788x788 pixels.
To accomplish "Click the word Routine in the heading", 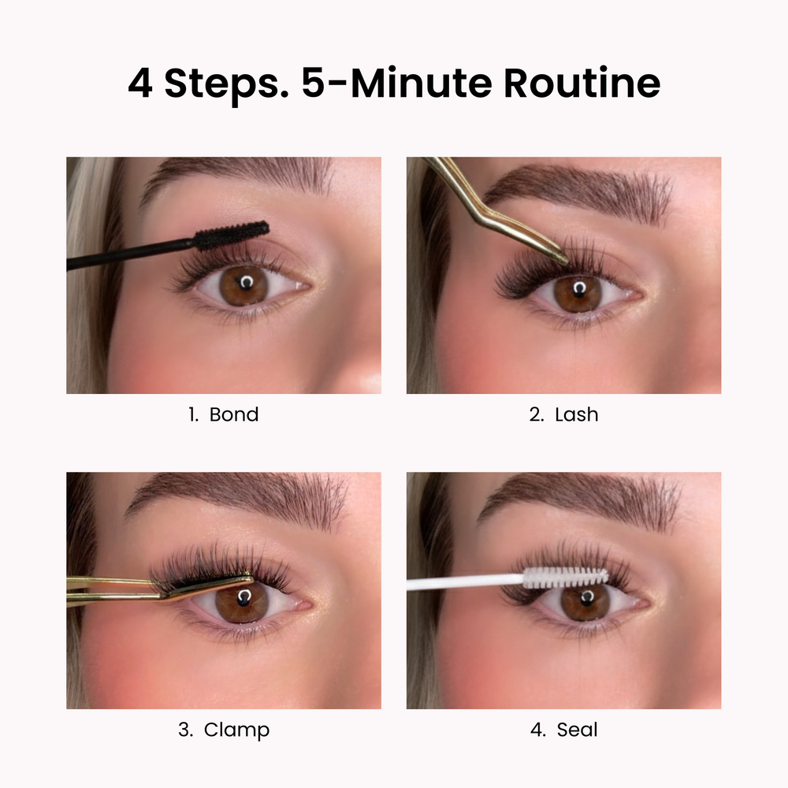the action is coord(582,83).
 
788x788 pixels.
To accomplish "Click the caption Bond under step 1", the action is coord(234,414).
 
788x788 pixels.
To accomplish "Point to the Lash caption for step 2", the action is coord(577,414).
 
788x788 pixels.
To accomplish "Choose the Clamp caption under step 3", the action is coord(236,730).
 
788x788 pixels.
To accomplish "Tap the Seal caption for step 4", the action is coord(577,730).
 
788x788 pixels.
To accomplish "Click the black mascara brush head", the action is coord(231,235).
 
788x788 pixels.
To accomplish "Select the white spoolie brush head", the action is coord(565,577).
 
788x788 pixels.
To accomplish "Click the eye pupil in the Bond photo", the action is coord(245,284).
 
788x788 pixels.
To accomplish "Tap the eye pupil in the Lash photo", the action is coord(579,290).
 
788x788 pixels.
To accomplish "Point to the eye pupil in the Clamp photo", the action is coord(244,598).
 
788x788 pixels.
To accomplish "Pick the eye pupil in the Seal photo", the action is coord(586,598).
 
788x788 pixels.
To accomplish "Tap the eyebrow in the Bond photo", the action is coord(236,177).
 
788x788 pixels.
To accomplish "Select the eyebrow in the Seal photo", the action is coord(578,497).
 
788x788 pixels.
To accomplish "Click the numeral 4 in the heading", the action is coord(139,83).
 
